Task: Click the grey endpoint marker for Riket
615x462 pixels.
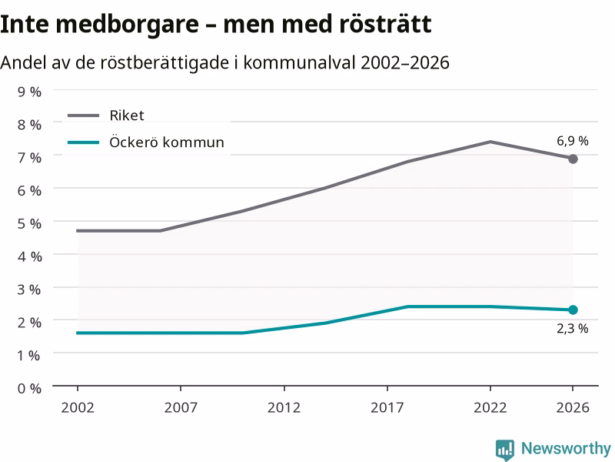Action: [x=573, y=159]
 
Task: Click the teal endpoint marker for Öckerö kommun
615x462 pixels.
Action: [x=573, y=310]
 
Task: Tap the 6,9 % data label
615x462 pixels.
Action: [x=572, y=141]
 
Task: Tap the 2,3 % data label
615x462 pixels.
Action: [x=572, y=329]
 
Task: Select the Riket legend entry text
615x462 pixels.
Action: [x=127, y=115]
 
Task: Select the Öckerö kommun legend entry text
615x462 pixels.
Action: [x=167, y=142]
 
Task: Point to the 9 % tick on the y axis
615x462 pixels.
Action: [x=29, y=92]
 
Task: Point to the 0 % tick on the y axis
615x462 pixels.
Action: [x=29, y=389]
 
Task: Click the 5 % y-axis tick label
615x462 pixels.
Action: [x=29, y=223]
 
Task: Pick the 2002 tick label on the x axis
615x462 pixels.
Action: [x=78, y=407]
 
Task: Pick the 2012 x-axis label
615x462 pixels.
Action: [x=284, y=407]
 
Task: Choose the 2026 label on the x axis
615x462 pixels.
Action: [x=573, y=407]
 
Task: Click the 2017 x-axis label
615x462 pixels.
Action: [x=387, y=407]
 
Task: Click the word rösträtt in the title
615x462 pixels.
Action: [x=385, y=24]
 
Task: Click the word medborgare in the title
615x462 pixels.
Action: [x=127, y=25]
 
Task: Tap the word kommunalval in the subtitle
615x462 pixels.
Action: [x=299, y=62]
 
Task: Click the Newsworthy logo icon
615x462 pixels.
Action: [x=505, y=450]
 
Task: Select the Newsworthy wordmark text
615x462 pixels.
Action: [x=566, y=449]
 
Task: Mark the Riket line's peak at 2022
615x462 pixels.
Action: [x=490, y=142]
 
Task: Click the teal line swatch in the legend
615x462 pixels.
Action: [x=84, y=142]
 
